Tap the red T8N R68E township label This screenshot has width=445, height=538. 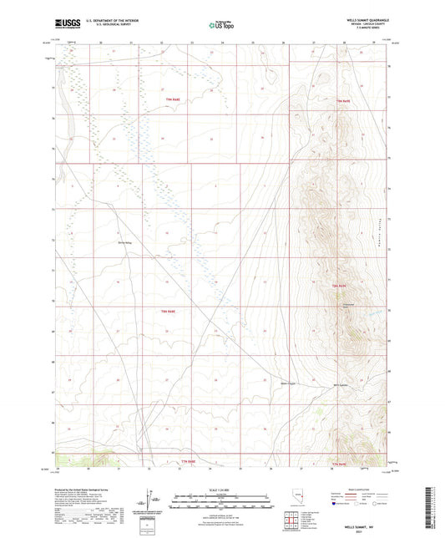tap(190, 312)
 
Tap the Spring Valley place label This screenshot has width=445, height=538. tap(124, 243)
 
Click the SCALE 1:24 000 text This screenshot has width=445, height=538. tap(221, 490)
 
